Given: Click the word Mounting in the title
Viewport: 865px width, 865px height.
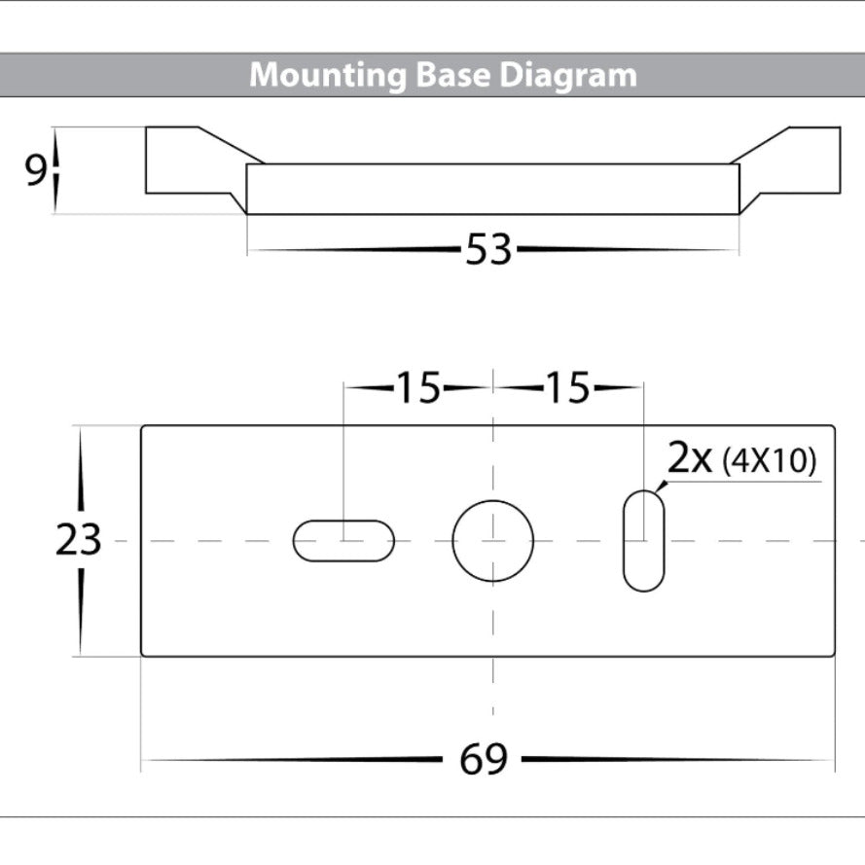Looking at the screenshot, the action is point(328,75).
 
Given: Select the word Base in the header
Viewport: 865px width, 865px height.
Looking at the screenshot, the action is point(452,74).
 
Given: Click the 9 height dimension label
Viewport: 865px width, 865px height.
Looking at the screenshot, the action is point(36,170).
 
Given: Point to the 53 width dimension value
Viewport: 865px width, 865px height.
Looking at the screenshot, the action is point(488,250).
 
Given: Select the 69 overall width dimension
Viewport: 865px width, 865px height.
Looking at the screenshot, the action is point(484,759).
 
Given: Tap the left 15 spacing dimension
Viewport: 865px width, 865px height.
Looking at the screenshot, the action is point(418,388).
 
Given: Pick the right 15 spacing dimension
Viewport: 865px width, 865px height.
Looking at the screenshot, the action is point(568,388).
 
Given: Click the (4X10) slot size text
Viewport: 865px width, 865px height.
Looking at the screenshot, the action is point(769,461).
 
